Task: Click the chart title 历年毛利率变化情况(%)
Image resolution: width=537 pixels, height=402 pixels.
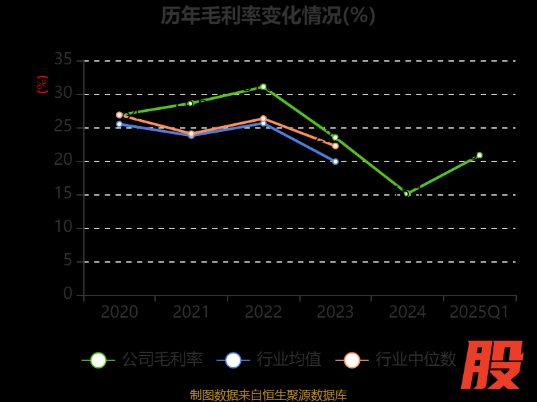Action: pyautogui.click(x=268, y=15)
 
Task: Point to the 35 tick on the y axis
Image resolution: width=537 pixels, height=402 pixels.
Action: pyautogui.click(x=63, y=60)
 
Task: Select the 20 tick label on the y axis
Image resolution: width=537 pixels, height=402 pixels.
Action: pyautogui.click(x=63, y=160)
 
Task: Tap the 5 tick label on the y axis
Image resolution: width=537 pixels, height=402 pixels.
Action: pyautogui.click(x=68, y=261)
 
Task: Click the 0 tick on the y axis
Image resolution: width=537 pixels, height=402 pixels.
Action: pyautogui.click(x=68, y=293)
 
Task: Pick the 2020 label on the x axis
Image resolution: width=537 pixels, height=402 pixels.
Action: pyautogui.click(x=119, y=312)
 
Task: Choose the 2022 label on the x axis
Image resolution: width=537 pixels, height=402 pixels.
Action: pyautogui.click(x=263, y=312)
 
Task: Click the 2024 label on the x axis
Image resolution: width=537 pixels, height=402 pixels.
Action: pyautogui.click(x=407, y=312)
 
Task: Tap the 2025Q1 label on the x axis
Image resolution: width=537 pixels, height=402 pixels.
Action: pyautogui.click(x=479, y=312)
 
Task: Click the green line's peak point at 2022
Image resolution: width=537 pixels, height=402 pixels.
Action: pyautogui.click(x=263, y=86)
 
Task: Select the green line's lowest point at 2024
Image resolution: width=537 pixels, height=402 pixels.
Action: pyautogui.click(x=406, y=194)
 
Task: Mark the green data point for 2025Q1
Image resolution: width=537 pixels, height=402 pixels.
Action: pyautogui.click(x=479, y=155)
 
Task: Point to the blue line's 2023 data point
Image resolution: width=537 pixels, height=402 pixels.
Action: pyautogui.click(x=336, y=161)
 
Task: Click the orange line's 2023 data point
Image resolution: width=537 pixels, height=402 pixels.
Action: pyautogui.click(x=336, y=145)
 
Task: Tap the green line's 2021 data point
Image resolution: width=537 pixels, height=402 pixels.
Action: pyautogui.click(x=191, y=103)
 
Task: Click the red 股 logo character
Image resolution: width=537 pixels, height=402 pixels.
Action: pyautogui.click(x=493, y=366)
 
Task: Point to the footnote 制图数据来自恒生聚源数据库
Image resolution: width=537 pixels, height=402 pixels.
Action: pyautogui.click(x=268, y=395)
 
